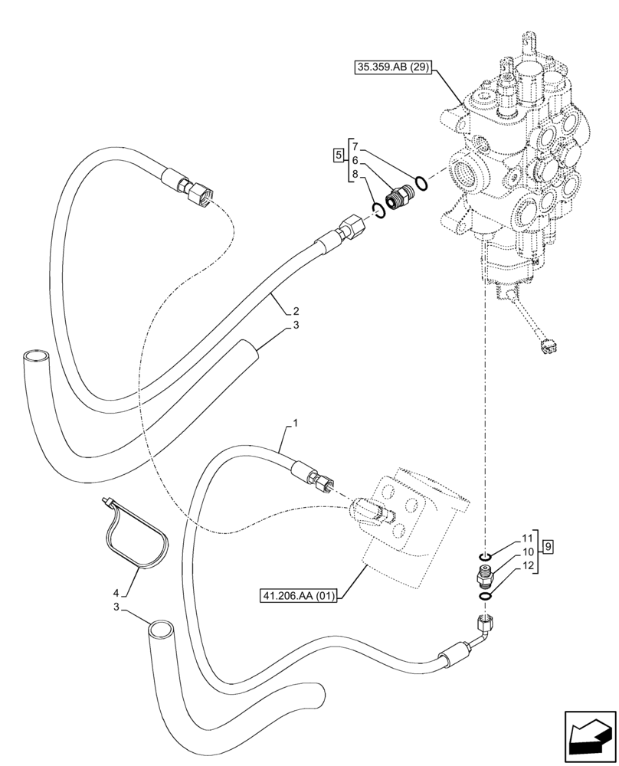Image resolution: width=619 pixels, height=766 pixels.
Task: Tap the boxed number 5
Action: tap(338, 157)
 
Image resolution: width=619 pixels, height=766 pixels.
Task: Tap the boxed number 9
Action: tap(549, 547)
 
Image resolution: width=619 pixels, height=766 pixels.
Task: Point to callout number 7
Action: tap(355, 145)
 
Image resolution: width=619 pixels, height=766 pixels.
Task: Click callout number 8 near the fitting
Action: tap(355, 175)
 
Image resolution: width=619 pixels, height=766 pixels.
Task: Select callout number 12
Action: tap(527, 565)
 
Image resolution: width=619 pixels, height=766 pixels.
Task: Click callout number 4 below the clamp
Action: tap(116, 593)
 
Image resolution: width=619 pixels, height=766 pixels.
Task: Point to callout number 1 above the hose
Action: tap(295, 423)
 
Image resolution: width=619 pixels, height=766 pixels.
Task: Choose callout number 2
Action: tap(295, 312)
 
